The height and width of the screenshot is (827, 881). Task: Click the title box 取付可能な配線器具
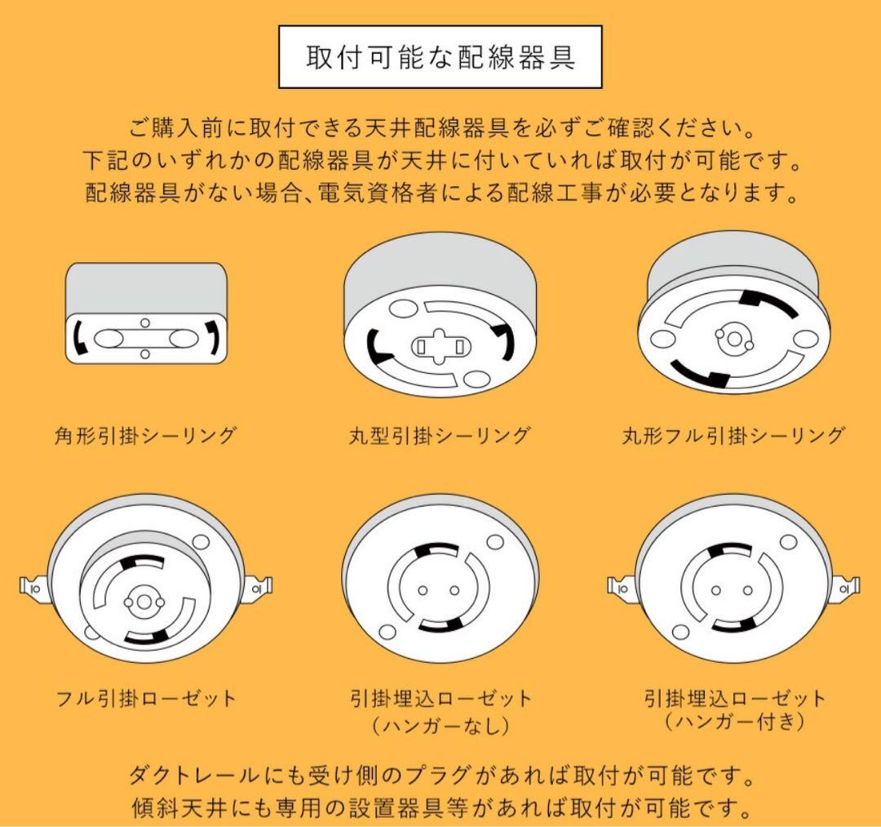(x=440, y=57)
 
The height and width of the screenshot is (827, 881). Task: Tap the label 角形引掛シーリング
(x=145, y=435)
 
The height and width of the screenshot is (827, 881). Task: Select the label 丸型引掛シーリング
(x=440, y=435)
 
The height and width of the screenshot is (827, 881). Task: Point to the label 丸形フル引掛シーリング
(x=733, y=435)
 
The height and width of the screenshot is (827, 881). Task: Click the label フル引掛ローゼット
(x=145, y=699)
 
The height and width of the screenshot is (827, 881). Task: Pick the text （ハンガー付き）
(x=734, y=723)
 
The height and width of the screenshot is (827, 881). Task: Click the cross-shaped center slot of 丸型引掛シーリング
(x=440, y=346)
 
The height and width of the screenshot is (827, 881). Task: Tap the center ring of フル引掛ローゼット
(x=144, y=602)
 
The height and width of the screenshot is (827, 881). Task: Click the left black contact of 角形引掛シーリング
(x=78, y=338)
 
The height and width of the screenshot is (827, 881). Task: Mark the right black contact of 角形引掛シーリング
(x=214, y=338)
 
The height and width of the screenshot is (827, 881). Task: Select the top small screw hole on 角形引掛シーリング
(x=145, y=323)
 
